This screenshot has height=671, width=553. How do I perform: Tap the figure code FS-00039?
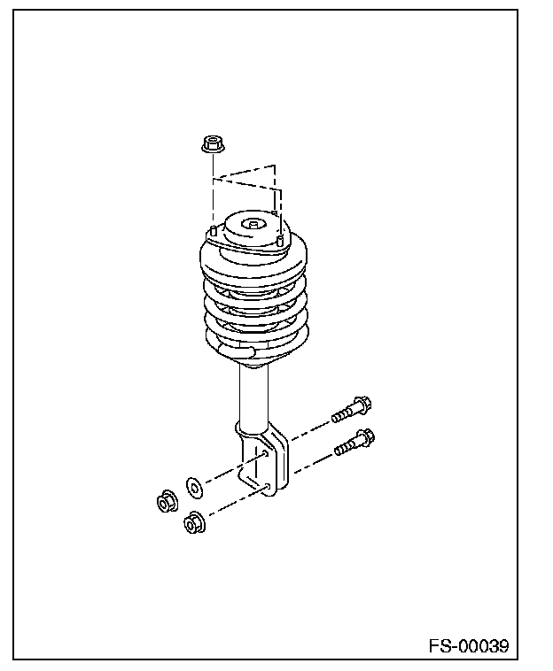pyautogui.click(x=468, y=645)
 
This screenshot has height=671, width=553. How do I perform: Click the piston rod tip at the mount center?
pyautogui.click(x=253, y=225)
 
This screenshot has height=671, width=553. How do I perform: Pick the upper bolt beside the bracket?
pyautogui.click(x=351, y=410)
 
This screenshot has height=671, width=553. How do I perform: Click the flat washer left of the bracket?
pyautogui.click(x=194, y=485)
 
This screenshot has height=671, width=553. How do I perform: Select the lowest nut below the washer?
pyautogui.click(x=192, y=525)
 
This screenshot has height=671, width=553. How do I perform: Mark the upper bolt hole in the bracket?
pyautogui.click(x=266, y=453)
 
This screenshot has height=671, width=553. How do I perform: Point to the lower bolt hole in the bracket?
pyautogui.click(x=267, y=487)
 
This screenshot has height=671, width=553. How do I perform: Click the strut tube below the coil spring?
pyautogui.click(x=253, y=394)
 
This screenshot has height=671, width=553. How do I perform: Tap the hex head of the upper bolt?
pyautogui.click(x=362, y=405)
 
